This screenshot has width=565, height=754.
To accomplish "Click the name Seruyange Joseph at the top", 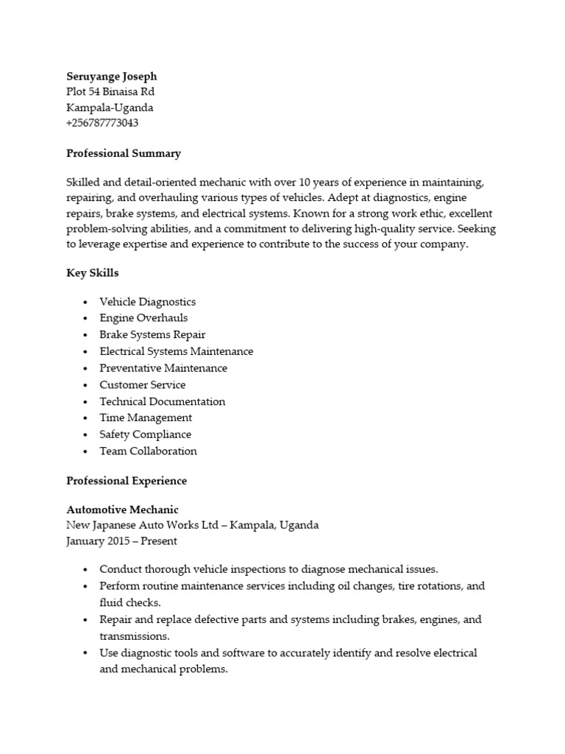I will click(111, 77).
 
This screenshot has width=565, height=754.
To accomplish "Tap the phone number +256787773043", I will click(102, 123).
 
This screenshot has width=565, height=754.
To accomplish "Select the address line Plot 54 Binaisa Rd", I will click(110, 92).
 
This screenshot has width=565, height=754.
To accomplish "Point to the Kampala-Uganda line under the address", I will click(110, 108).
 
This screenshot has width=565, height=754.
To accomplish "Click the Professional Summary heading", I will click(123, 153).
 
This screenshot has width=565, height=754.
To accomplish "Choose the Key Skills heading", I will click(93, 273).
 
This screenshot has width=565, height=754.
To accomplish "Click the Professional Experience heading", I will click(127, 481).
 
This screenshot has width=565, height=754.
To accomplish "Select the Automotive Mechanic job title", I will click(122, 510).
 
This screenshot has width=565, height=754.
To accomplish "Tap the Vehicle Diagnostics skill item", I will click(147, 302).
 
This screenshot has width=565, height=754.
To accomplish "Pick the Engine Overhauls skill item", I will click(143, 318).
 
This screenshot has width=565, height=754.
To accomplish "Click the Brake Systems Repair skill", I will click(152, 335).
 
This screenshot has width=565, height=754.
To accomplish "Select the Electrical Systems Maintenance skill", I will click(176, 351).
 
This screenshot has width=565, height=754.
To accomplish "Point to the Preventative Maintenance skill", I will click(163, 368).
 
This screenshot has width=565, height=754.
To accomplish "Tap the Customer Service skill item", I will click(143, 385).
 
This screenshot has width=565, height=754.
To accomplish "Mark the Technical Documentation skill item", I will click(163, 402).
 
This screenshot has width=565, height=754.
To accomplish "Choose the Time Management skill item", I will click(146, 418).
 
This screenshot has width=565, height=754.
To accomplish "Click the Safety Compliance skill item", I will click(145, 434).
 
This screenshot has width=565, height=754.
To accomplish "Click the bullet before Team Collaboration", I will click(86, 452).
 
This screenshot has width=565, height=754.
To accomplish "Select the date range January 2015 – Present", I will click(121, 541).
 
